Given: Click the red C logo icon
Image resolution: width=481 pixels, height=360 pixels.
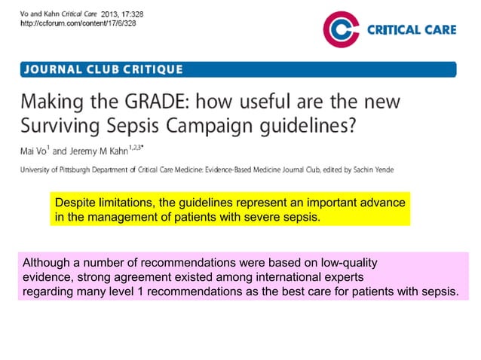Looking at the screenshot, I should click(x=341, y=29).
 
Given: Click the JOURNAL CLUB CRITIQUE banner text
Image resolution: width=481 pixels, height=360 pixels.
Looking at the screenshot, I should click(x=104, y=69).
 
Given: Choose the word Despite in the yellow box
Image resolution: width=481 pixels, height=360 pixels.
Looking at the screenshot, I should click(x=74, y=204).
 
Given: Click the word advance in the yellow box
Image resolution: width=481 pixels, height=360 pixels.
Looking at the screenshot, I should click(x=384, y=204).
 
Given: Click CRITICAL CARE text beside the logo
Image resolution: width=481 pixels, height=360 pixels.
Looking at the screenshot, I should click(x=410, y=29).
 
